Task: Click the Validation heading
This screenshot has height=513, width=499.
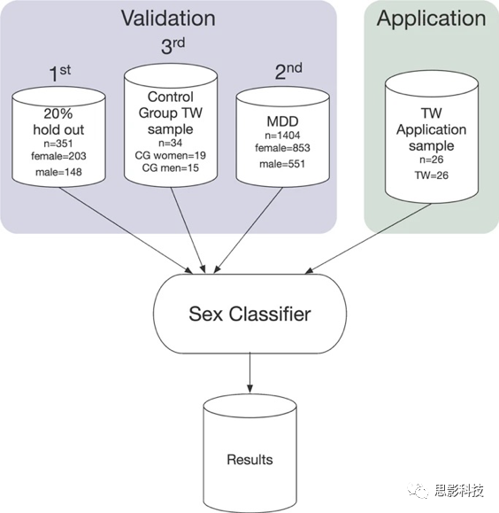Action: point(168,18)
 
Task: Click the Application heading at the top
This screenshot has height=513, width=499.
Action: point(432,19)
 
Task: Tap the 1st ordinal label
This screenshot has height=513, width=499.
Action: point(60,73)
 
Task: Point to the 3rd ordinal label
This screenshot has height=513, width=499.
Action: point(173,46)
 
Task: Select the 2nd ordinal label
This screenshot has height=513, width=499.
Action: point(288,71)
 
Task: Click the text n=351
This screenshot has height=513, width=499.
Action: point(58,144)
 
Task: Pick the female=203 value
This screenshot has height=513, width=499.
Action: point(58,156)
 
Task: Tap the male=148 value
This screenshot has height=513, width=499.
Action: point(58,172)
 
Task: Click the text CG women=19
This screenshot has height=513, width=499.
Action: point(170,155)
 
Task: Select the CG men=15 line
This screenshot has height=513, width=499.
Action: point(170,167)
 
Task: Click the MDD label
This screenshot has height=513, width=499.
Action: point(282,121)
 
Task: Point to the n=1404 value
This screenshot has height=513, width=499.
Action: point(282,136)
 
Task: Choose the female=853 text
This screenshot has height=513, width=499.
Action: point(282,148)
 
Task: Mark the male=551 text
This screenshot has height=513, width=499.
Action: point(282,164)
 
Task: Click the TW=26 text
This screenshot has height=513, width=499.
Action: point(432,175)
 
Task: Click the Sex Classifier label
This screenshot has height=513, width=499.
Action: point(249,314)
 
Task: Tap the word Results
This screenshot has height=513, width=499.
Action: point(249,460)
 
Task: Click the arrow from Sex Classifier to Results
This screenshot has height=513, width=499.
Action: point(249,373)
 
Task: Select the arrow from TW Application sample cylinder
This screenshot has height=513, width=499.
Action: point(368,238)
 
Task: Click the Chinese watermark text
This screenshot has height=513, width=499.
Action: point(458,490)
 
